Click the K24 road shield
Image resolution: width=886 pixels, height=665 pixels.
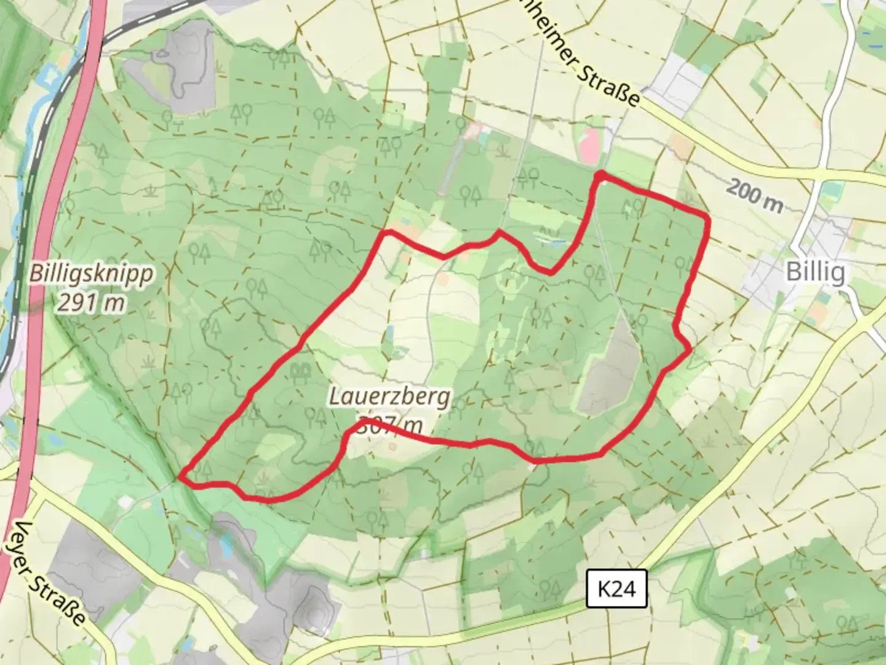click(x=616, y=589)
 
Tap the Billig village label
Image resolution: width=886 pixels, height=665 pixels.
click(x=815, y=272)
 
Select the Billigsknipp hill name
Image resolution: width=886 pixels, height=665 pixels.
click(x=92, y=273)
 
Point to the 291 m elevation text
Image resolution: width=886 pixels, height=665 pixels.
click(x=92, y=302)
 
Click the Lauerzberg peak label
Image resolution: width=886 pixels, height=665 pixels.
click(x=389, y=397)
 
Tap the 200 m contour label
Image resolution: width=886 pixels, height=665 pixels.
click(x=754, y=195)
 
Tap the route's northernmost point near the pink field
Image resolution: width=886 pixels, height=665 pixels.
click(x=600, y=177)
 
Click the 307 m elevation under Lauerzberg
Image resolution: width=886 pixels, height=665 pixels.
click(x=390, y=425)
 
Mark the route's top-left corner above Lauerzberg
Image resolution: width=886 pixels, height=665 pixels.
click(x=386, y=233)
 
